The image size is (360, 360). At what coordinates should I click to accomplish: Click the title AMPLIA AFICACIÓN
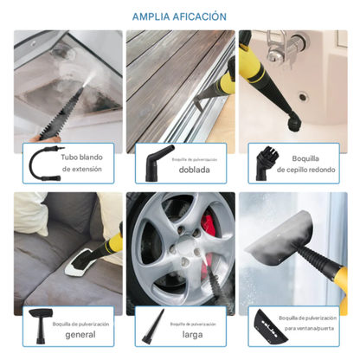[180, 16]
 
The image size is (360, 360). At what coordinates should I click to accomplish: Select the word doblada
[192, 169]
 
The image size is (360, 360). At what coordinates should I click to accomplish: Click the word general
[80, 334]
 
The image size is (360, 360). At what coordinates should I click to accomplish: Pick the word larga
[192, 334]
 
